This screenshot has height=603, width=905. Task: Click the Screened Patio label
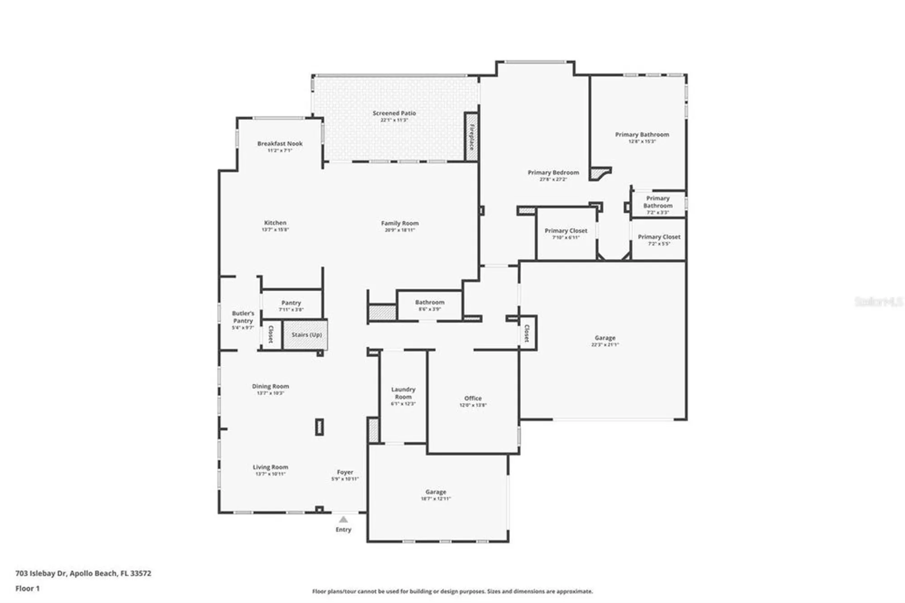pos(394,113)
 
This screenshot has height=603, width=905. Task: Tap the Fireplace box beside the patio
pos(471,137)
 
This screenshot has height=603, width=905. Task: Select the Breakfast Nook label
pos(280,144)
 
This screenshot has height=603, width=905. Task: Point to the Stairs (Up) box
pos(306,335)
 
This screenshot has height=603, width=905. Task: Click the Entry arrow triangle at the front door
pos(343,519)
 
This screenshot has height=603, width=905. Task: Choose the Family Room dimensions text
pos(400,230)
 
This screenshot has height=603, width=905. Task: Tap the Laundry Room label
pos(403,393)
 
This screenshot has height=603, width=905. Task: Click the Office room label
pos(473,398)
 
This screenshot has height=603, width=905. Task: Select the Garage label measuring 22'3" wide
pos(605,338)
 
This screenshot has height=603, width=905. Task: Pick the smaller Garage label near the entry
pos(435,492)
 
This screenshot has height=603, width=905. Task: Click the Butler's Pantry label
pos(243,317)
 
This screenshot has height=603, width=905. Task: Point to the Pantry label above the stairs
pos(291,303)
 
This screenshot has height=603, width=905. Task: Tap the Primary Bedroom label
pos(553,172)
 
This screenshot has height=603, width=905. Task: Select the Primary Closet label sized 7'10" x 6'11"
pos(566,231)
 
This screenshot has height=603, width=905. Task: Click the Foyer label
pos(345,472)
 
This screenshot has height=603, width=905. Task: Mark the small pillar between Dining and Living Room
pos(319,427)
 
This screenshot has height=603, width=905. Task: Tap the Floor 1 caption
pos(28,589)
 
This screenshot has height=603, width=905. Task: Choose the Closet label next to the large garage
pos(527,333)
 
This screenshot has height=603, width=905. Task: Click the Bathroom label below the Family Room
pos(429,302)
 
